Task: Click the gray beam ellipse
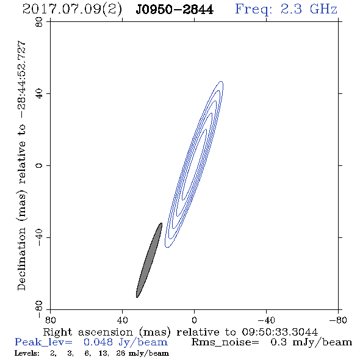(x=149, y=260)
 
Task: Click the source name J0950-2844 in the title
(x=175, y=9)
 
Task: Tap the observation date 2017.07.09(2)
(x=72, y=10)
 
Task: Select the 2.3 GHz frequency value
(x=309, y=9)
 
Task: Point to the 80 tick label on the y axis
(x=39, y=22)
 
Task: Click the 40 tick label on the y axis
(x=39, y=94)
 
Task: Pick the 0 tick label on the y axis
(x=39, y=165)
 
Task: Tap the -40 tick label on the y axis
(x=39, y=237)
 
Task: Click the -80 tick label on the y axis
(x=39, y=309)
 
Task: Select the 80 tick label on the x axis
(x=50, y=320)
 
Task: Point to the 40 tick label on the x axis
(x=122, y=320)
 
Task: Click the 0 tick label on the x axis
(x=194, y=320)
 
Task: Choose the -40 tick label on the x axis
(x=266, y=320)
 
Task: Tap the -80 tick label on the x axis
(x=338, y=320)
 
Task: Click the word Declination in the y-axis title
(x=21, y=259)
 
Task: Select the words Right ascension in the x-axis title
(x=88, y=332)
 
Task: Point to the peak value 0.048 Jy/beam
(x=125, y=342)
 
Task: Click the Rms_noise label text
(x=225, y=342)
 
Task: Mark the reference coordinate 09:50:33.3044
(x=280, y=332)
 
